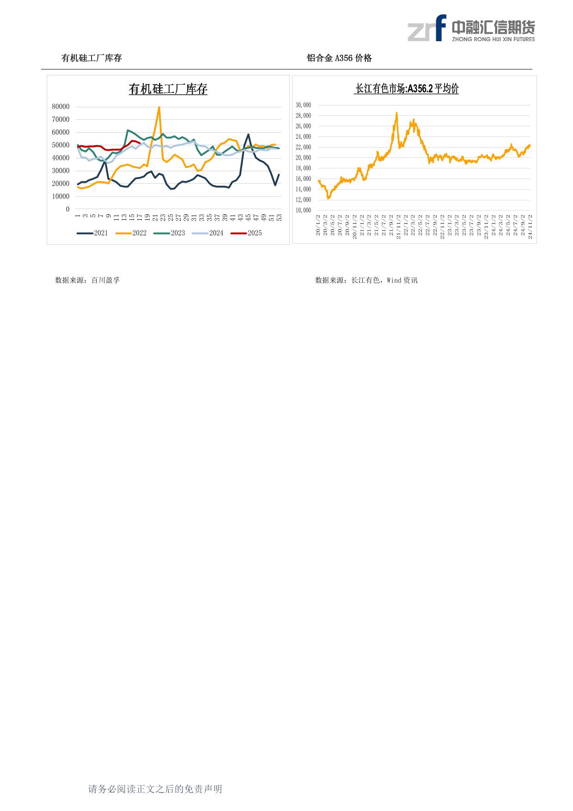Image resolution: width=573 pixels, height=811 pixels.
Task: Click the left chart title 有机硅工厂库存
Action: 168,89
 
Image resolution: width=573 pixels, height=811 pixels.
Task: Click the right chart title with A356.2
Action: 406,89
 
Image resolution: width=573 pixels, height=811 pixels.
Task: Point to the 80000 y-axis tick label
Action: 61,107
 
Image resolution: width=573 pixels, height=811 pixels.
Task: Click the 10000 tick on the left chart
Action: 61,197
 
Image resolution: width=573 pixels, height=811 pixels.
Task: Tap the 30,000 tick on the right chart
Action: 303,105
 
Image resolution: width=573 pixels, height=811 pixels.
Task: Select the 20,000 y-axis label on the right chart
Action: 303,158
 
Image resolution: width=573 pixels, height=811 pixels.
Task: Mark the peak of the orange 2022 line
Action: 159,107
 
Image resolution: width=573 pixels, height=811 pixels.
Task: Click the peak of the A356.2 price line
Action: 396,112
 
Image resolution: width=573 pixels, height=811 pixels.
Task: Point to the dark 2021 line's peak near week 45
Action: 248,135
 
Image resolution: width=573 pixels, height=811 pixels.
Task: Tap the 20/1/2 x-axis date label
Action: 318,225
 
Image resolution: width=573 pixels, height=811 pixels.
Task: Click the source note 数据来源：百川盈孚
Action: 87,280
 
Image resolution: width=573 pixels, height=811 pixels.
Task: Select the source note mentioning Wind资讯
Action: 366,280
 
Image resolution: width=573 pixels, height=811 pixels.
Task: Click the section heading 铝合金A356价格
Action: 339,58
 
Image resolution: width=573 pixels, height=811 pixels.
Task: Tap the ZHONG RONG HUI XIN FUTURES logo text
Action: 493,39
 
